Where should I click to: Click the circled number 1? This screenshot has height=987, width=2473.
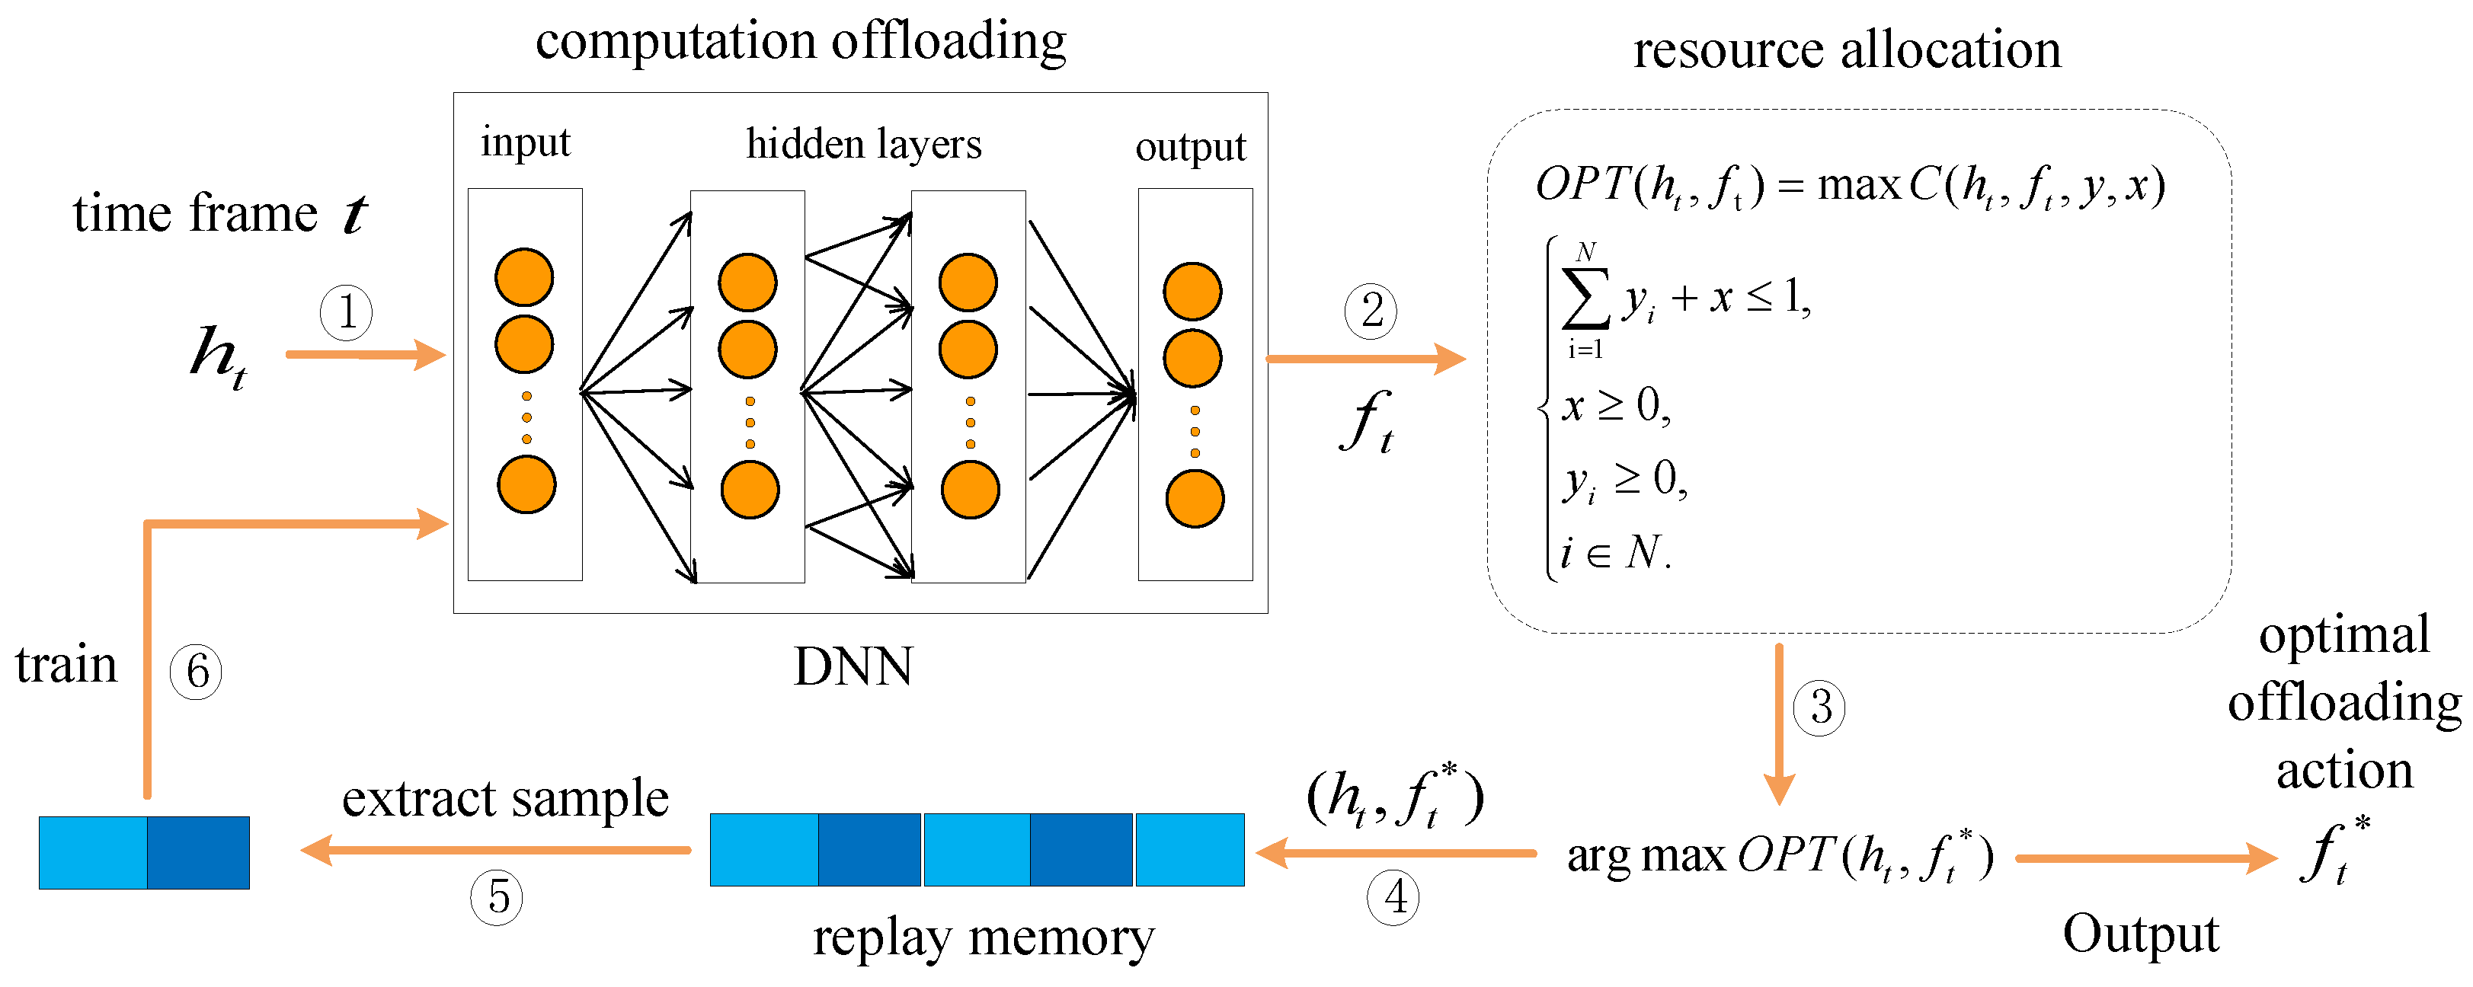click(346, 312)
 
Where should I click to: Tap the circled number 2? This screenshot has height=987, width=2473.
click(1371, 311)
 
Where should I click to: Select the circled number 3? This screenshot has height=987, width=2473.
click(1819, 708)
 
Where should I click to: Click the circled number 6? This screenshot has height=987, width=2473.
click(196, 671)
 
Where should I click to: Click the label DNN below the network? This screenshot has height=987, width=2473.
click(853, 666)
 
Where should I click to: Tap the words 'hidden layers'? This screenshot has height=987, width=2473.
click(864, 144)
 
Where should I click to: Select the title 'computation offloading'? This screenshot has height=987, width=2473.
click(801, 41)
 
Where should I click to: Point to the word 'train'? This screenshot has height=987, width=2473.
click(66, 664)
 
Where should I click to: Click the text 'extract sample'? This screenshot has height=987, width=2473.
click(505, 798)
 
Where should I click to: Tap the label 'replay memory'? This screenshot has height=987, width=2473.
click(983, 937)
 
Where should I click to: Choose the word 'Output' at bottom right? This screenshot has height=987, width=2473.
click(2141, 933)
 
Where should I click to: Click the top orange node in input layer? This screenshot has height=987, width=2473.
click(524, 277)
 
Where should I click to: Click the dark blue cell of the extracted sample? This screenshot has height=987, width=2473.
click(198, 853)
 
